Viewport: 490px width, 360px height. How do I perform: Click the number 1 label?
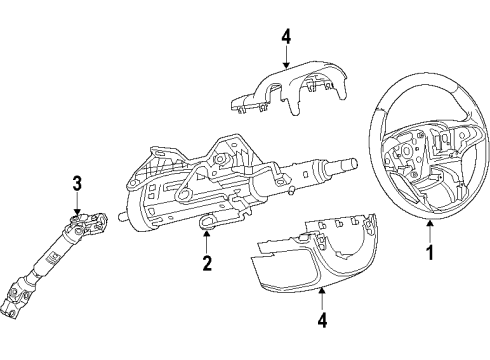point(430,253)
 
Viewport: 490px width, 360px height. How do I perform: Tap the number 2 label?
point(207,264)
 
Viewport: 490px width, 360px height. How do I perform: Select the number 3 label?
point(75,182)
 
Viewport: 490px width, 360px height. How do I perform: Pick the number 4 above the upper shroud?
point(285,37)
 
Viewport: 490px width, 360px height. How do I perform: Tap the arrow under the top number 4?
point(285,58)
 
